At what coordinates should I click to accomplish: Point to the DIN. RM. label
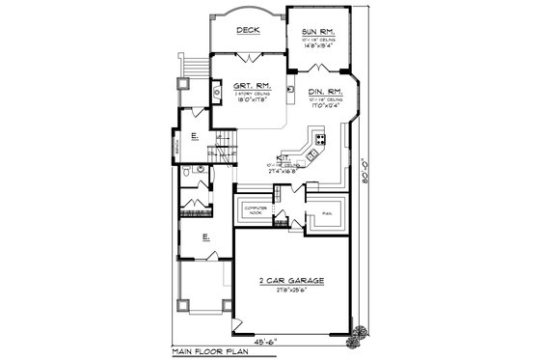[326, 92]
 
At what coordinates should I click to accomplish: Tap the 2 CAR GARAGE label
[290, 280]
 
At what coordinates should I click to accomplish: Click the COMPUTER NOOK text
[255, 209]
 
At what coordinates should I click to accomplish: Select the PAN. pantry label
[327, 212]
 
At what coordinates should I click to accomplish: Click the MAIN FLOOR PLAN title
[206, 352]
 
